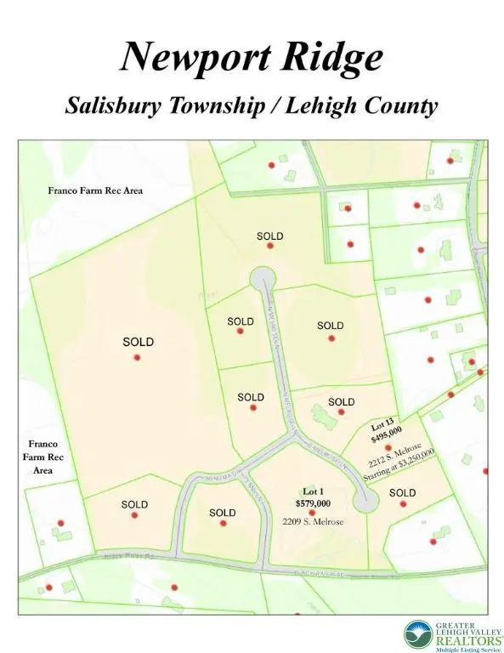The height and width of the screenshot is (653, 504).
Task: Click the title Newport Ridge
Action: pos(252,57)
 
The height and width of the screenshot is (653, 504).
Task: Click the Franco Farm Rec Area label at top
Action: pos(94,190)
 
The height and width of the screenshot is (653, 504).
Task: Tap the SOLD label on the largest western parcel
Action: pos(138,342)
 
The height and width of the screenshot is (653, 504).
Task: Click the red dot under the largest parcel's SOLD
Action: pos(137,357)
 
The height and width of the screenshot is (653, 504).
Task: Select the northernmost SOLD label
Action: pos(269,236)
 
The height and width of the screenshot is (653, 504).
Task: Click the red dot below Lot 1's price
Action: pos(311,513)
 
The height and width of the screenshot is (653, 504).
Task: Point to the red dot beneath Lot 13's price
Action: pos(387,446)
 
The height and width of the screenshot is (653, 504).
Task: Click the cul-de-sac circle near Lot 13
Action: pos(365,503)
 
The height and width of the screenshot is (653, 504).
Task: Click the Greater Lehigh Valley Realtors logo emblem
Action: pos(419,634)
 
